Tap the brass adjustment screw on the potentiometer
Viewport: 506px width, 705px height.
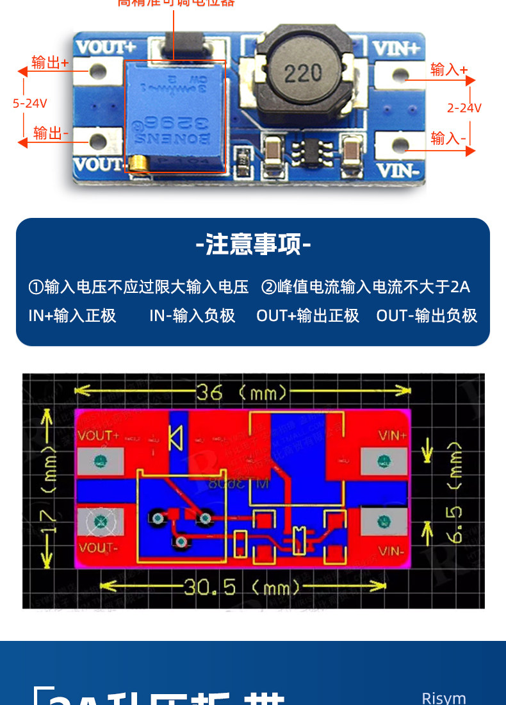[136, 165]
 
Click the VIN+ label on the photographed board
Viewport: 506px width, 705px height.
[396, 47]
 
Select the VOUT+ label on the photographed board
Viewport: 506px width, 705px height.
[106, 47]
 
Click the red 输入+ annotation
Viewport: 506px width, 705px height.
[449, 69]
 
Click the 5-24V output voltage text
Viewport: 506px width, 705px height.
[29, 103]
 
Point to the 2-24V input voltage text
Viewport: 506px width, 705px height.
[464, 108]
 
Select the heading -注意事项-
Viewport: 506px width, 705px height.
[253, 244]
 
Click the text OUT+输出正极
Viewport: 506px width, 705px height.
[307, 315]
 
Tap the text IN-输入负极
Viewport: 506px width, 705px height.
[192, 315]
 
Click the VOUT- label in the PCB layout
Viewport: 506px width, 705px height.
[98, 548]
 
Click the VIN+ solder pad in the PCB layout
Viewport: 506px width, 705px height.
[384, 460]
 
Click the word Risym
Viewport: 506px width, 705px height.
[444, 698]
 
